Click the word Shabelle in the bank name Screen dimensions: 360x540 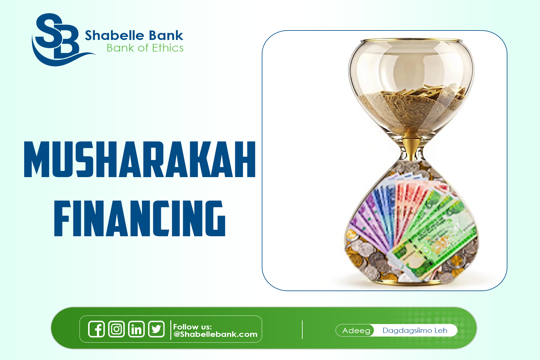coord(111,36)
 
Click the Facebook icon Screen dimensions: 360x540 coord(96,329)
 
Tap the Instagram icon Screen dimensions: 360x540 coord(116,329)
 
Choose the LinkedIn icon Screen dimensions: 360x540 coord(136,329)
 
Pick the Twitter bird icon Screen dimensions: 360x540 coord(156,329)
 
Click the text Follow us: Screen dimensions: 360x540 coord(192,327)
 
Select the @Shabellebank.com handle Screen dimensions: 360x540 coord(215,334)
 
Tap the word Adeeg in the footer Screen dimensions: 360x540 coord(356,331)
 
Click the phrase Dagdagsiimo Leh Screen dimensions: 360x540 coord(415,331)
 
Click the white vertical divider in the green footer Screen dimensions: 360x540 coord(302,330)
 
